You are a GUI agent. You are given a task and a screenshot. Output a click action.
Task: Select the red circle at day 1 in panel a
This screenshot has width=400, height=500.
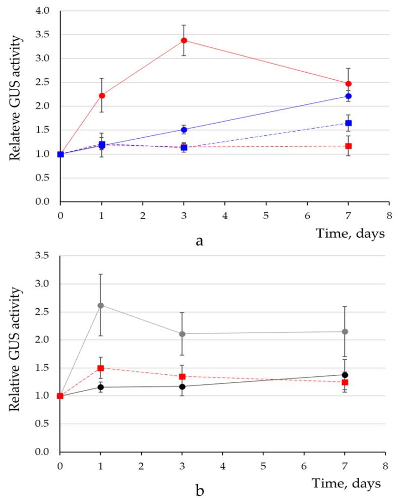tap(102, 95)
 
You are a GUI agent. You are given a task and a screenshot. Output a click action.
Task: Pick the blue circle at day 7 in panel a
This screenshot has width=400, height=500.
tap(348, 96)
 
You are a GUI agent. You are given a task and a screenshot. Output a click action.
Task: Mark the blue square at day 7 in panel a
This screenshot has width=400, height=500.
tap(348, 123)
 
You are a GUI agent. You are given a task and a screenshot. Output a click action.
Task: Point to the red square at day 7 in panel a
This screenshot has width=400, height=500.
tap(348, 146)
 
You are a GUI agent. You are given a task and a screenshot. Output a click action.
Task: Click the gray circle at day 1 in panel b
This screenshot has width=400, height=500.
tap(101, 305)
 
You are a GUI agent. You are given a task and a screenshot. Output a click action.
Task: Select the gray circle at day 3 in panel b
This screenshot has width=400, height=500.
tap(182, 334)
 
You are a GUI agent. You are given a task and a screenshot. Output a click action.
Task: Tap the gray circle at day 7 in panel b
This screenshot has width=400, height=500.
tap(345, 331)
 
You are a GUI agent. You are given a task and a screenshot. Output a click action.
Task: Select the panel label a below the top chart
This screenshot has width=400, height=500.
tap(199, 241)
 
